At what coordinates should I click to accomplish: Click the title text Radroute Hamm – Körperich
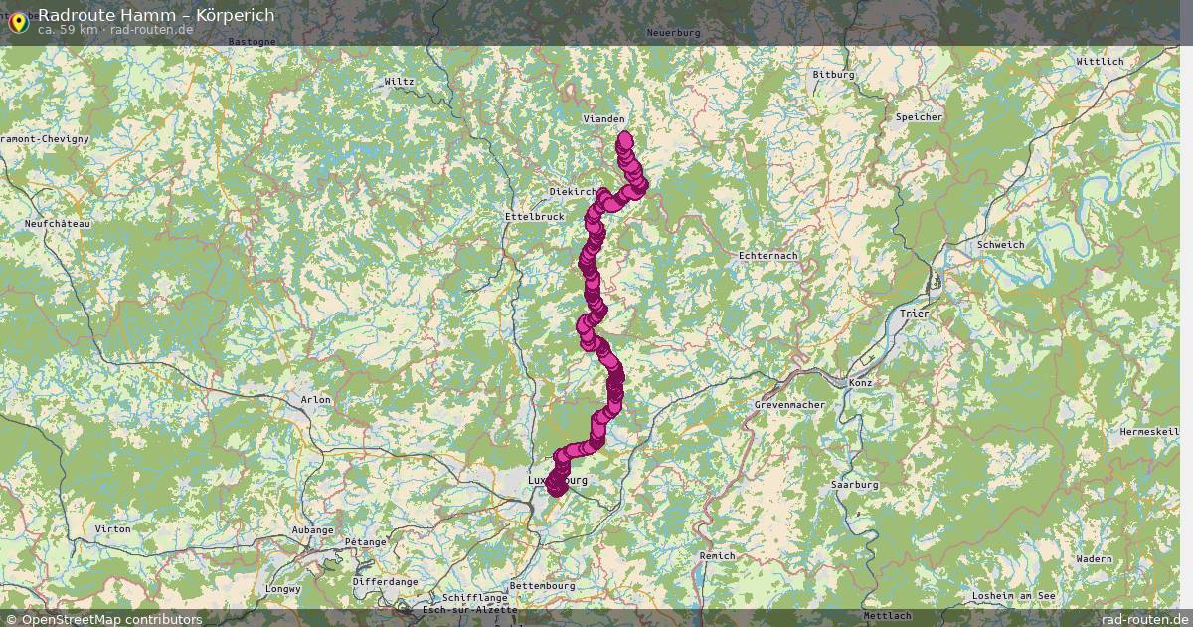(156, 15)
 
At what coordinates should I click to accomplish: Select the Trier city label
(913, 313)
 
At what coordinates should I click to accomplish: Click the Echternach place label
(768, 256)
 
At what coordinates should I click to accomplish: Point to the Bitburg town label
(833, 75)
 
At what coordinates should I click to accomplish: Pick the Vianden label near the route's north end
(603, 119)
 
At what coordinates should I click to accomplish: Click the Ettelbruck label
(534, 216)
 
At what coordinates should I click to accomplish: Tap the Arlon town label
(315, 399)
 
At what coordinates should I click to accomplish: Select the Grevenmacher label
(784, 405)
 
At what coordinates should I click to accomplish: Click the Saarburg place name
(854, 485)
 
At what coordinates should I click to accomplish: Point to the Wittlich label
(1100, 62)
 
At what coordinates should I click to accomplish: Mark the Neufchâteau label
(58, 224)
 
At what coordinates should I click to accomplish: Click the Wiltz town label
(400, 82)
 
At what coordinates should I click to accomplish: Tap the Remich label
(717, 556)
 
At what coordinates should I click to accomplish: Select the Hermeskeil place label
(1149, 432)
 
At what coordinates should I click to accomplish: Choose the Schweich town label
(1000, 245)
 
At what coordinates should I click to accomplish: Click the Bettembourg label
(543, 586)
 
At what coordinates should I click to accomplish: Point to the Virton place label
(113, 529)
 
